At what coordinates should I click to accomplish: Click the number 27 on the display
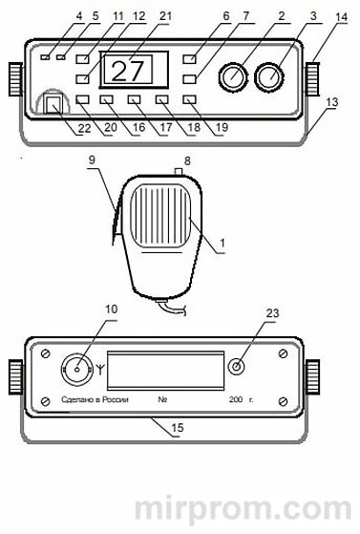[x=127, y=71]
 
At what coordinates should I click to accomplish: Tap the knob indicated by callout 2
[x=233, y=76]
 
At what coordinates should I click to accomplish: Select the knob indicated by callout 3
[x=269, y=76]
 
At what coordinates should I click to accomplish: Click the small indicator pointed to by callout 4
[x=45, y=57]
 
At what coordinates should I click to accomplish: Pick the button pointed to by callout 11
[x=82, y=59]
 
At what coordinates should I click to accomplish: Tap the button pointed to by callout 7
[x=189, y=79]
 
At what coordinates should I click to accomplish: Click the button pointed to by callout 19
[x=189, y=99]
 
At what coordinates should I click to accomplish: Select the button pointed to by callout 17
[x=134, y=99]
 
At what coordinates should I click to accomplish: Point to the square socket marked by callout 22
[x=53, y=103]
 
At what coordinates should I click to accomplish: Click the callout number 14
[x=341, y=18]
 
